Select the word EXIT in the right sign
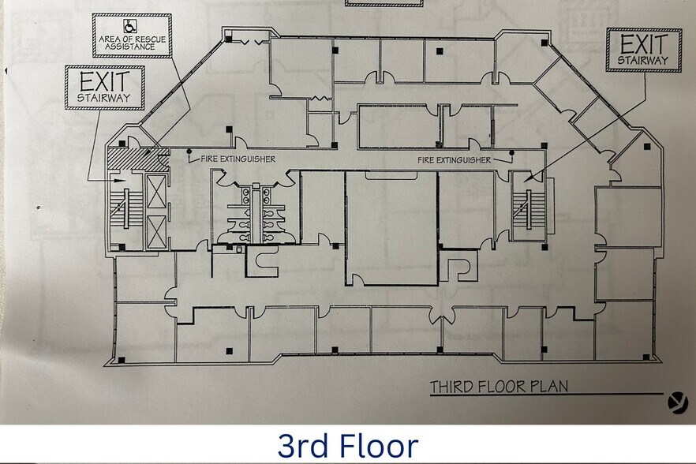[642, 45]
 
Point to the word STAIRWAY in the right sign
[642, 60]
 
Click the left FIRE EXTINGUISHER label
[238, 159]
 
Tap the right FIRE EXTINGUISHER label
[455, 160]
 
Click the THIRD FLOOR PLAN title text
[499, 387]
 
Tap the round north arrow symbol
[676, 403]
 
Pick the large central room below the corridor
[391, 229]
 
